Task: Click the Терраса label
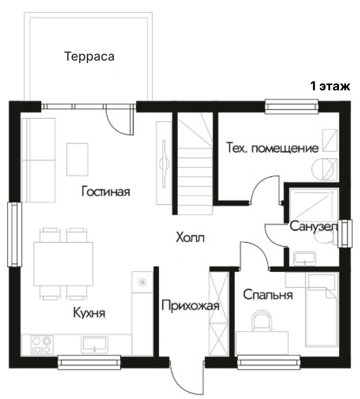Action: tap(89, 57)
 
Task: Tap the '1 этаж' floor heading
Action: tap(330, 86)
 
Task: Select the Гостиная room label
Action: tap(106, 191)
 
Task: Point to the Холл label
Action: tap(190, 237)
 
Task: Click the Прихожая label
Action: tap(190, 305)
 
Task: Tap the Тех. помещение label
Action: tap(272, 148)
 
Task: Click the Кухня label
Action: tap(89, 312)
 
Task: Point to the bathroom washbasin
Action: tap(304, 259)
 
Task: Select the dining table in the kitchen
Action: tap(63, 264)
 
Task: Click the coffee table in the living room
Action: tap(77, 159)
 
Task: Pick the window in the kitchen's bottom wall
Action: tap(89, 362)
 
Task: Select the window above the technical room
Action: tap(292, 107)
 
